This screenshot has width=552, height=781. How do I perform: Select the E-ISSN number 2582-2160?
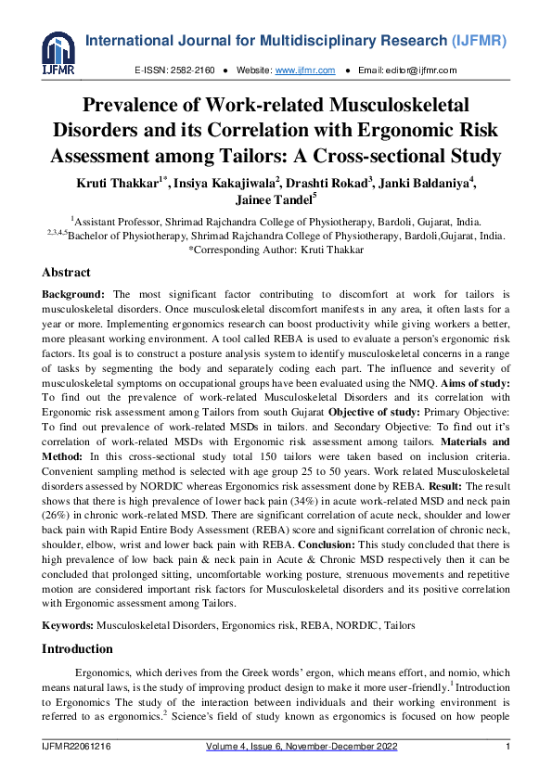tap(194, 70)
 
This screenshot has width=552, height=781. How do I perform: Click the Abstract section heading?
tap(67, 273)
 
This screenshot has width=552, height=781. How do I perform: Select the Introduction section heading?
tap(77, 648)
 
